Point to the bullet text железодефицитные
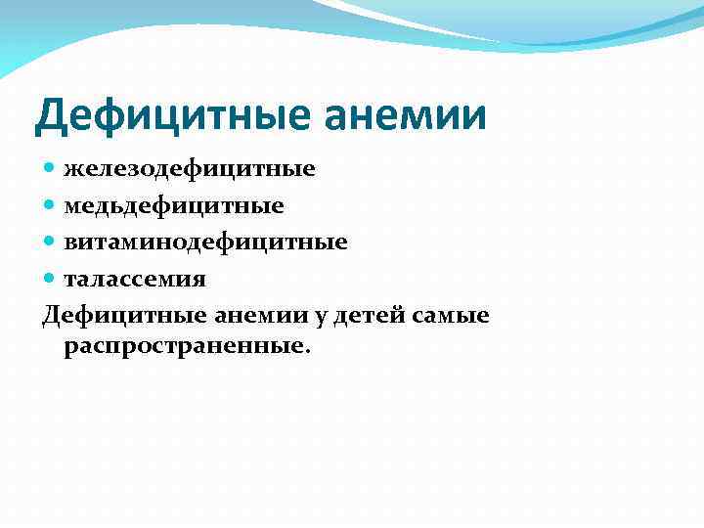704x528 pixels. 190,169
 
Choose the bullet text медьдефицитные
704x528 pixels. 174,205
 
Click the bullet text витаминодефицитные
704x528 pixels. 205,242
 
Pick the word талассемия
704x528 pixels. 135,279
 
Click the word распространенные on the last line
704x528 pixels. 183,347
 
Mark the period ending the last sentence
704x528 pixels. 306,353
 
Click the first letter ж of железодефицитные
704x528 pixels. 73,170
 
